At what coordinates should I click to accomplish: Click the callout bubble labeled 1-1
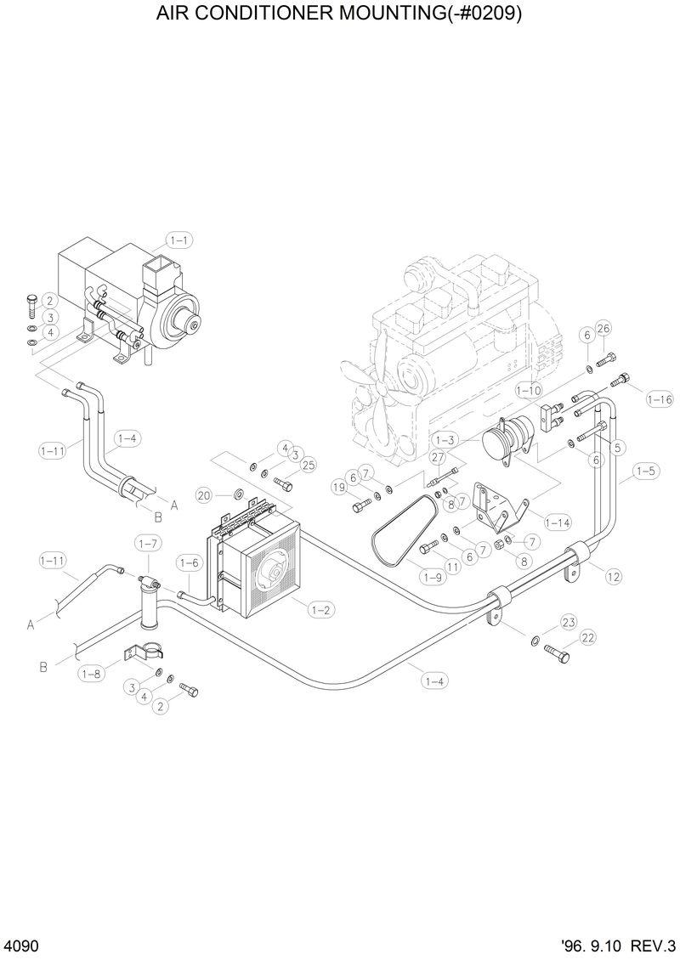[178, 240]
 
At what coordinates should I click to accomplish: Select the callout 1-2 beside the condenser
[321, 609]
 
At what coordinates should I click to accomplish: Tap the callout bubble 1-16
[659, 398]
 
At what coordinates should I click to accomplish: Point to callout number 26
[603, 329]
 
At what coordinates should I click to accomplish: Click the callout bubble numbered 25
[308, 465]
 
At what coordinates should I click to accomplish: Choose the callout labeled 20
[204, 494]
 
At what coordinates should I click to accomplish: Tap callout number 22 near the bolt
[588, 637]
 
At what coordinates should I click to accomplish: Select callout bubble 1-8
[92, 674]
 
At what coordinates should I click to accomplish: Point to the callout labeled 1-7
[148, 542]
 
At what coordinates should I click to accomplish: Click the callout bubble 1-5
[645, 470]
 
